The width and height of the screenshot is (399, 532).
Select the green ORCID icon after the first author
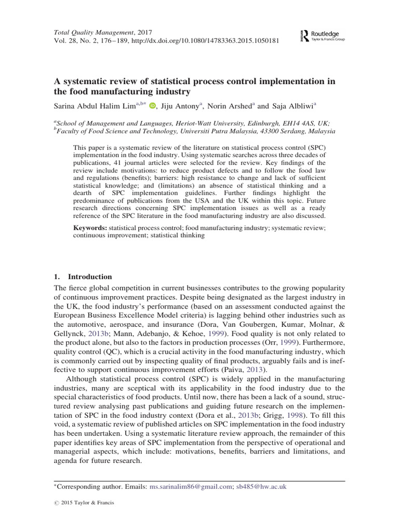pyautogui.click(x=152, y=107)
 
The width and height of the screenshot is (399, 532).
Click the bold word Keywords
pyautogui.click(x=90, y=227)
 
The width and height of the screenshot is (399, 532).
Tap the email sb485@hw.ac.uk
pyautogui.click(x=261, y=487)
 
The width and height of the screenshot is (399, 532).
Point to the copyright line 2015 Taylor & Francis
pyautogui.click(x=86, y=503)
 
